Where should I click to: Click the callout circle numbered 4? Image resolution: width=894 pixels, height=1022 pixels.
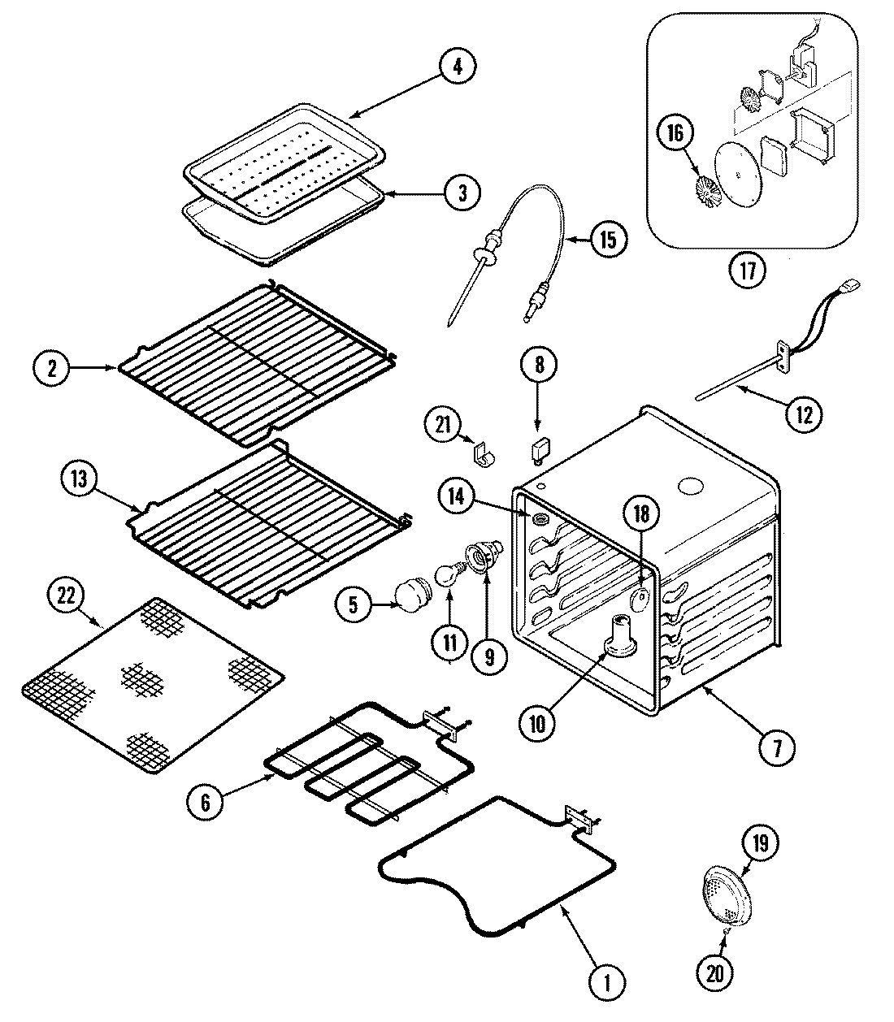458,67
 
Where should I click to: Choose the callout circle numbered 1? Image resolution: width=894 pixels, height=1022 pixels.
604,984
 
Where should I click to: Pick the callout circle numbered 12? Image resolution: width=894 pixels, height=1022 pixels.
804,415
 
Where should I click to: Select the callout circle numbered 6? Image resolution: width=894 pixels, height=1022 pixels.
206,802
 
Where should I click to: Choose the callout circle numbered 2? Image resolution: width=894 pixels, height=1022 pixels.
53,369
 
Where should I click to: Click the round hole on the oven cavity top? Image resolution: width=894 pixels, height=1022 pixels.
692,487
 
